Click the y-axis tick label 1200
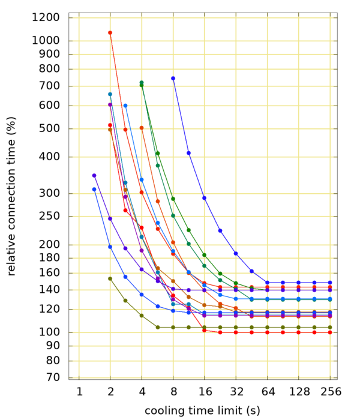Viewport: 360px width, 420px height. [x=46, y=17]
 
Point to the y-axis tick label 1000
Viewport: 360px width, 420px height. [x=46, y=41]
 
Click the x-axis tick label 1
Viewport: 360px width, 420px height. [x=79, y=392]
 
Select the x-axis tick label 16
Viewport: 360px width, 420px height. [x=205, y=392]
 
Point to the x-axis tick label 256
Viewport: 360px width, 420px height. [x=330, y=392]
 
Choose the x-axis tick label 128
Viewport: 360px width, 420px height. [x=299, y=392]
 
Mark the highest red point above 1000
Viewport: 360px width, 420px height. [x=110, y=32]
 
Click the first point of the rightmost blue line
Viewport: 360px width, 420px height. [x=173, y=78]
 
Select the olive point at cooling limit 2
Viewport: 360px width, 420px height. [x=110, y=278]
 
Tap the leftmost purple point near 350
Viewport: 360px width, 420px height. [x=94, y=175]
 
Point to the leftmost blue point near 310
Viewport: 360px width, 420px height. [x=94, y=189]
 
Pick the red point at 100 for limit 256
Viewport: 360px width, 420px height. [x=330, y=332]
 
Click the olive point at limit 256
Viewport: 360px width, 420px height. [x=330, y=327]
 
